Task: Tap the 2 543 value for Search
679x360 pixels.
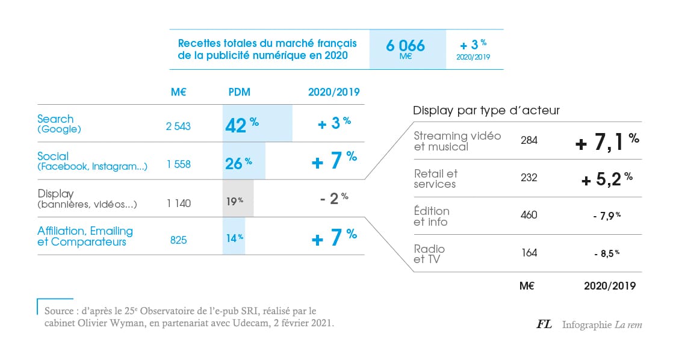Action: tap(178, 126)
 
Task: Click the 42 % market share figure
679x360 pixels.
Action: tap(241, 125)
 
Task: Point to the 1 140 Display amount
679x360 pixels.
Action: tap(179, 203)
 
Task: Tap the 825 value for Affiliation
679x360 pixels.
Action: tap(178, 240)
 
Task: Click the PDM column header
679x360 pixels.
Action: tap(240, 92)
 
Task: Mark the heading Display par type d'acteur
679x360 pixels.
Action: tap(486, 110)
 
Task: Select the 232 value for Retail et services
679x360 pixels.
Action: tap(529, 178)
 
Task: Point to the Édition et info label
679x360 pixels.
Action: tap(432, 216)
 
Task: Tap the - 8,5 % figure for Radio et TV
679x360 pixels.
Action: tap(606, 253)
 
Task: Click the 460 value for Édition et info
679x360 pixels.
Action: tap(529, 215)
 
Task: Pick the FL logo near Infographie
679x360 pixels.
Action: tap(544, 324)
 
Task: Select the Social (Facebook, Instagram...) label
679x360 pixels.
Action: tap(92, 161)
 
